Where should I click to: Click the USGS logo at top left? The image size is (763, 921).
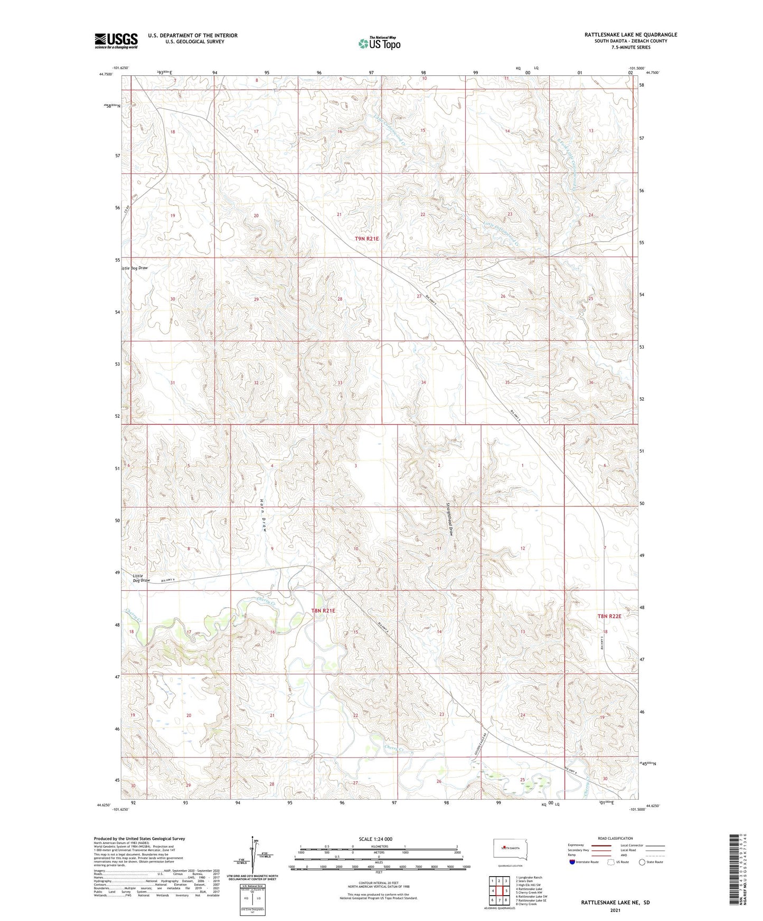coord(116,40)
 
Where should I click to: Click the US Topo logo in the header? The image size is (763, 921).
coord(379,43)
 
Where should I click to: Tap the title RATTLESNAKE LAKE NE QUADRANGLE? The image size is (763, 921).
coord(630,35)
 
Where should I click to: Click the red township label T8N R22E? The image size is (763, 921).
coord(609,616)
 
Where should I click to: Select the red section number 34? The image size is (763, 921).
coord(423,382)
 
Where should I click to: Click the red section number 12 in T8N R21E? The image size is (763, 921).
coord(523,549)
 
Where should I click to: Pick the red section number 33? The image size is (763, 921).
coord(340,382)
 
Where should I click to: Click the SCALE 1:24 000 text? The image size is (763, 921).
coord(375,839)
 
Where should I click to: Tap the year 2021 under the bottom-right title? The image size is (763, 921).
coord(615,910)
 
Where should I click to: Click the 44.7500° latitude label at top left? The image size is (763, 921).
coord(106,74)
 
